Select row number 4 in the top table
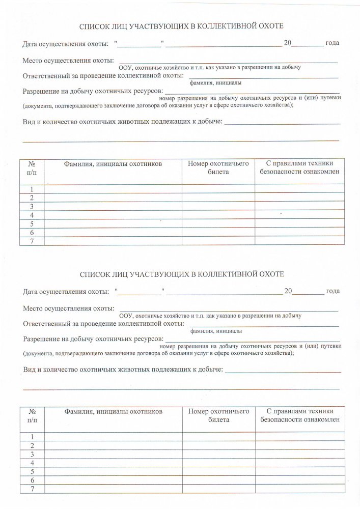coord(32,215)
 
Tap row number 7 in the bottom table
coord(32,489)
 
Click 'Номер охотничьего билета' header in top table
coord(218,168)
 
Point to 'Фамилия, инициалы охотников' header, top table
coord(113,164)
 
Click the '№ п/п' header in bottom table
coord(32,415)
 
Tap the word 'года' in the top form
coord(332,43)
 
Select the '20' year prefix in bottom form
coord(288,292)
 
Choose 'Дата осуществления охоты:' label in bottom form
coord(66,292)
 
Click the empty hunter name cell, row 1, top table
coord(113,189)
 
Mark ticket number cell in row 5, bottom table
coord(218,472)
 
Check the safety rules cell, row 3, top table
coord(299,207)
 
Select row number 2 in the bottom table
coord(32,445)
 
